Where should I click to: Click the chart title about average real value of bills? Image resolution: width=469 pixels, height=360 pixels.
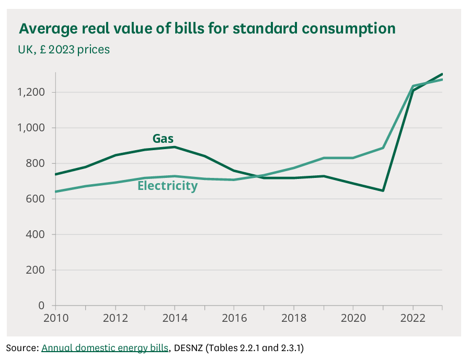[207, 28]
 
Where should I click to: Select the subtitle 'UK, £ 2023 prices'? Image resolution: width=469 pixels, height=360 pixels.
[64, 50]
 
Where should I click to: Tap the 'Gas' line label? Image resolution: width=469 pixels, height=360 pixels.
[163, 139]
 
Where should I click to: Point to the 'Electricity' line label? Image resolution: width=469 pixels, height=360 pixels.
[167, 186]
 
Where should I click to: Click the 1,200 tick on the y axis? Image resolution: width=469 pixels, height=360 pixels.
[36, 93]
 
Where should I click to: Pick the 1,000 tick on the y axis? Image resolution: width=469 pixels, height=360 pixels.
[36, 128]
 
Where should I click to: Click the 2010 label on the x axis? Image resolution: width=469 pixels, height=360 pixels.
[55, 317]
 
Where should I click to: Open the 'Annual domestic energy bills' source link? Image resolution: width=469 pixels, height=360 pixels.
[105, 347]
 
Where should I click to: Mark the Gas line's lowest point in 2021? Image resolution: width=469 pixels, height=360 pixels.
[383, 190]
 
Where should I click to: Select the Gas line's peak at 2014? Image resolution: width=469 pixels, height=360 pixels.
[175, 147]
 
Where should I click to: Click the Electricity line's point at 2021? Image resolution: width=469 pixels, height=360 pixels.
[383, 148]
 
